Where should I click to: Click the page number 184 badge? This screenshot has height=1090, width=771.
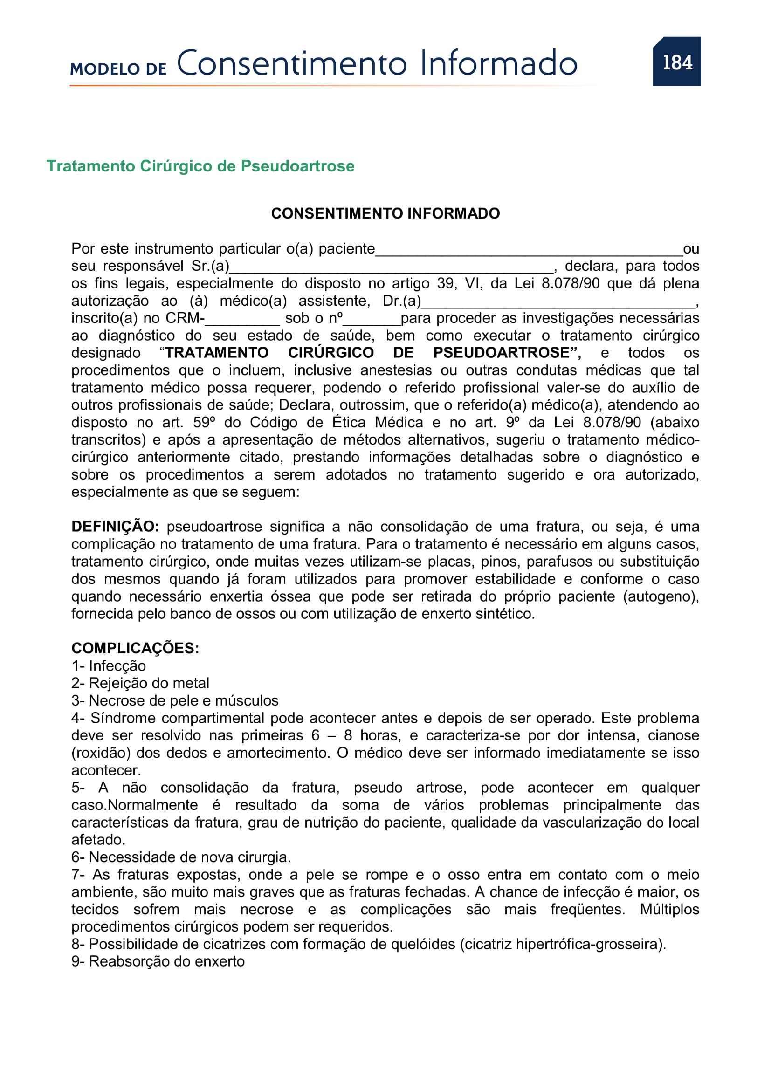pyautogui.click(x=676, y=62)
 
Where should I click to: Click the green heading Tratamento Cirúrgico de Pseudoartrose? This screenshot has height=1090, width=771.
pyautogui.click(x=200, y=166)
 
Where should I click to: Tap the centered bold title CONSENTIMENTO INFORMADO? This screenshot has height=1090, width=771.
pyautogui.click(x=385, y=213)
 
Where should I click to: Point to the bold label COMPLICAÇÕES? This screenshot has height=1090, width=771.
pyautogui.click(x=135, y=648)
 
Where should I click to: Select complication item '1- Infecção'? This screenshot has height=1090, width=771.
pyautogui.click(x=109, y=665)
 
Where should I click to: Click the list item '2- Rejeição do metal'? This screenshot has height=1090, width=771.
pyautogui.click(x=140, y=683)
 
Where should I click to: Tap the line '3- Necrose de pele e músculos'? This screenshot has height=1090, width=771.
pyautogui.click(x=175, y=700)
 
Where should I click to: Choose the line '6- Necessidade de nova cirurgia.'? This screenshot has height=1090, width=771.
pyautogui.click(x=181, y=857)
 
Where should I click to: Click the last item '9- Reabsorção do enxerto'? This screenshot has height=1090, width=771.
pyautogui.click(x=158, y=961)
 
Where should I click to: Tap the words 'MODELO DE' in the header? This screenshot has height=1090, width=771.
pyautogui.click(x=118, y=69)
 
